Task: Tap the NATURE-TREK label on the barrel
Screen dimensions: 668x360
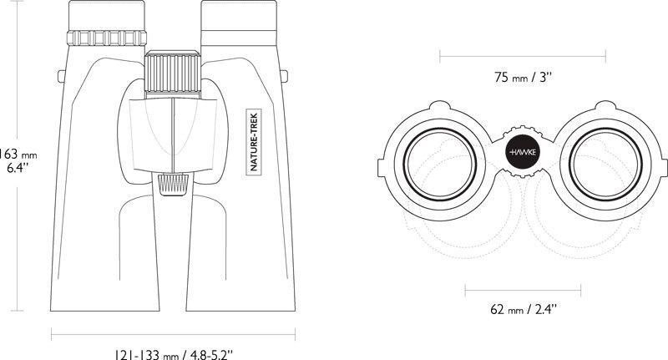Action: [x=254, y=141]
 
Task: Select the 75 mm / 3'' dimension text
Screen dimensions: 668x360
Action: [x=524, y=78]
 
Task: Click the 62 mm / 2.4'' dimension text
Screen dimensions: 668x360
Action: [x=524, y=309]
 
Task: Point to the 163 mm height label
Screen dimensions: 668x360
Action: [x=18, y=154]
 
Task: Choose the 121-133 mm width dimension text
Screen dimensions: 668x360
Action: [x=174, y=354]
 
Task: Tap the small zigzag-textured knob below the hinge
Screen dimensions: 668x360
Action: [x=173, y=185]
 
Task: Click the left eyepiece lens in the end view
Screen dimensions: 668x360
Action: [x=440, y=164]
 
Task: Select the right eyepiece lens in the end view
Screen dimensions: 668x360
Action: [x=606, y=164]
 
